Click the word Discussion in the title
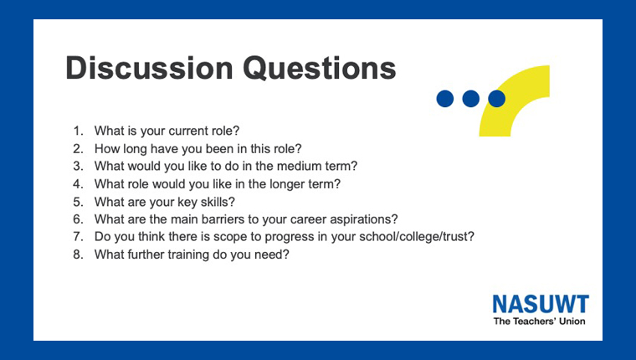(x=149, y=68)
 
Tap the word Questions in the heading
(x=319, y=68)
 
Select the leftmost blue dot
(x=445, y=99)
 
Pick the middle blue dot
(x=471, y=99)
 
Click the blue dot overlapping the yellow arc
(x=497, y=99)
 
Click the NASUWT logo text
(x=541, y=304)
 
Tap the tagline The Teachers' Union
(x=540, y=321)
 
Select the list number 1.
(x=78, y=131)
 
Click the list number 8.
(x=78, y=255)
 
